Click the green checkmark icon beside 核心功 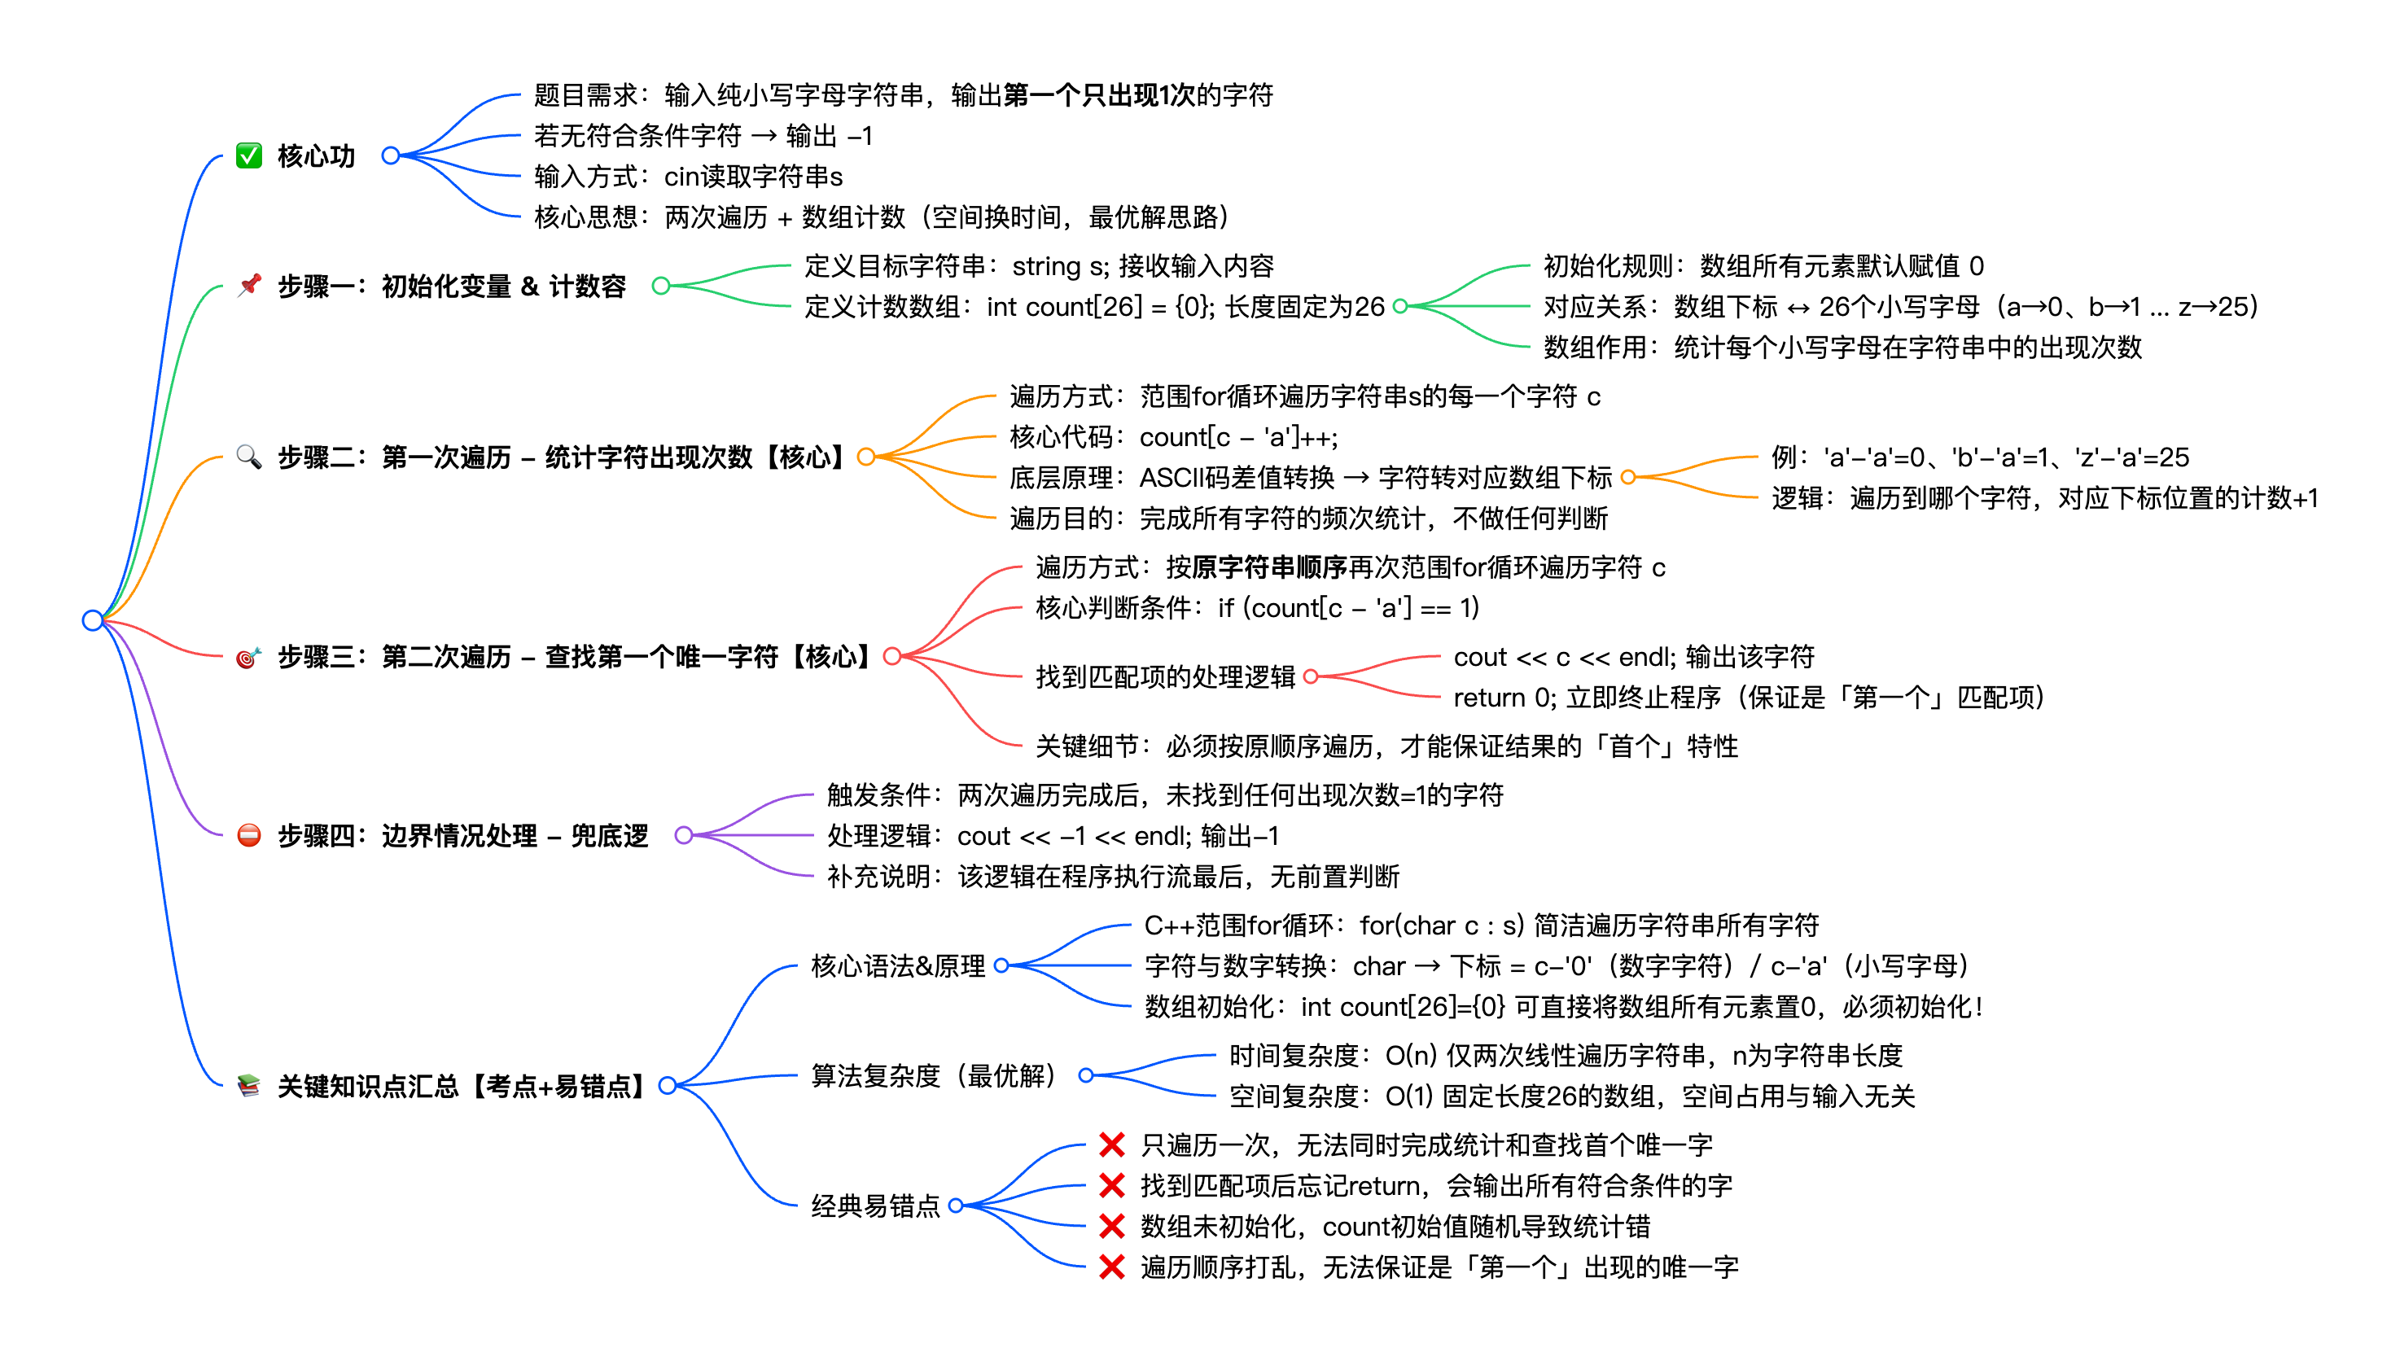[248, 155]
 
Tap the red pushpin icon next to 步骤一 [248, 285]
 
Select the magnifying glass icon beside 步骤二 [248, 456]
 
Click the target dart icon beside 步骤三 [247, 657]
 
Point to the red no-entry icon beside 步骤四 [248, 834]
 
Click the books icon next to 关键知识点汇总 [248, 1085]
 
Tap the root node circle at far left [93, 619]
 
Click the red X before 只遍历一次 [1111, 1144]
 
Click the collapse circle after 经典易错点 [955, 1205]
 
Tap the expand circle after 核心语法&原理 [1001, 965]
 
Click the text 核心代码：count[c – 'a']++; [1173, 436]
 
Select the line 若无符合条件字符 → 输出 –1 [703, 136]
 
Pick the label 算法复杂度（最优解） [933, 1075]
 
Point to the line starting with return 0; [1748, 698]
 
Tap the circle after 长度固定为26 [1400, 306]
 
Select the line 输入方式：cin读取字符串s [688, 176]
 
